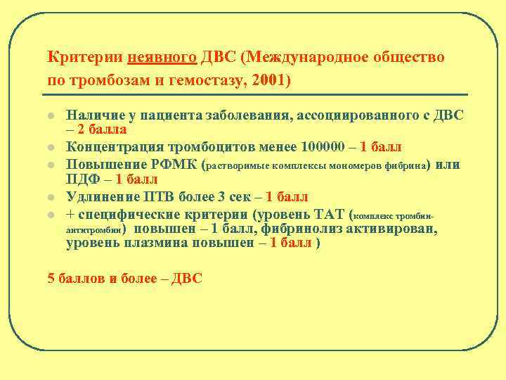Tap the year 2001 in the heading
tap(268, 80)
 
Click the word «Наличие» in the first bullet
tap(90, 114)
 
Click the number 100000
tap(327, 146)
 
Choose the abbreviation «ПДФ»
tap(83, 179)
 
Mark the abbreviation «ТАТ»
tap(329, 213)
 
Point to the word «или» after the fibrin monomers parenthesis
tap(448, 165)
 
